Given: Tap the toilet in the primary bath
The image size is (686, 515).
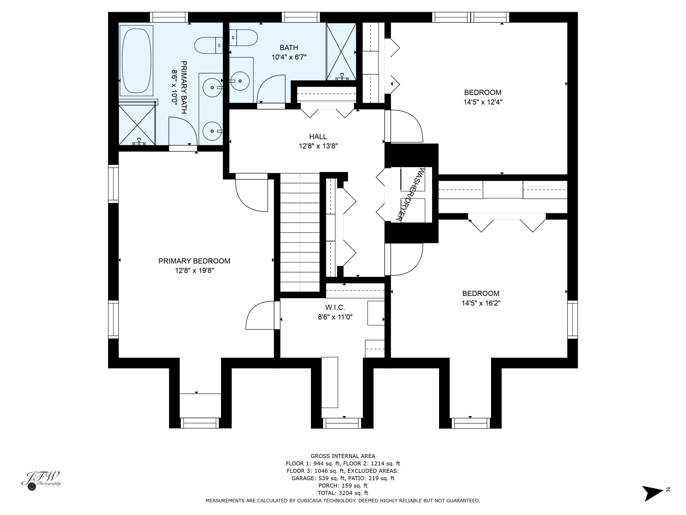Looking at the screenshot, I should tap(208, 45).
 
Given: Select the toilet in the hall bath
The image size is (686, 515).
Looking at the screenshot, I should tap(244, 38).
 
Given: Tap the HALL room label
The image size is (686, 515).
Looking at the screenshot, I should tap(318, 137).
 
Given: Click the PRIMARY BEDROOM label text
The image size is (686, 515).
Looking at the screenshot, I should tap(194, 261).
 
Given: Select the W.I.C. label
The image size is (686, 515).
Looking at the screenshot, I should tap(335, 307).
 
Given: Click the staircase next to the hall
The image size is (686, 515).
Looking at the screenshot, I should tap(300, 233).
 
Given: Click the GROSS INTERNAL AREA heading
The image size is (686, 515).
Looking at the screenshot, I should tap(343, 456).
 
